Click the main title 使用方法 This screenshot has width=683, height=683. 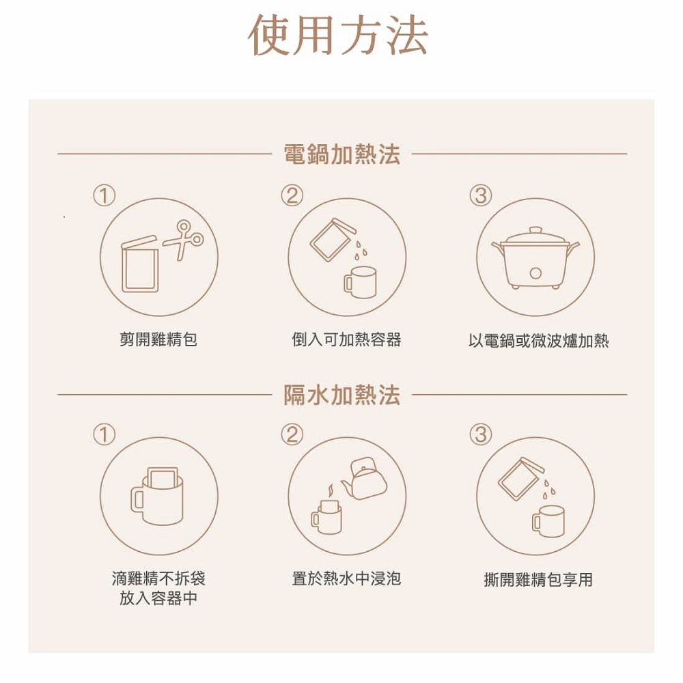point(338,35)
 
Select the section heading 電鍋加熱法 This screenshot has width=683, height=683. point(341,154)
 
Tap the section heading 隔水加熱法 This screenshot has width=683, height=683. point(341,395)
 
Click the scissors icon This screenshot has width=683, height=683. point(183,239)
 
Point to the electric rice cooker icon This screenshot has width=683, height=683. point(535,257)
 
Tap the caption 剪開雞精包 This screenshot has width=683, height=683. point(158,339)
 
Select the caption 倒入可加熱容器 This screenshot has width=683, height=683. point(346,339)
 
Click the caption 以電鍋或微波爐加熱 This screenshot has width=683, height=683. point(538,341)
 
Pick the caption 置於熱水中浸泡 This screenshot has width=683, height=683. point(346,579)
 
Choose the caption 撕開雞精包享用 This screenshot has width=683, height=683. point(538,580)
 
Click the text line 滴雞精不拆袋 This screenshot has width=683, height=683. point(158,579)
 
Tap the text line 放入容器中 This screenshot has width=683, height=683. point(158,598)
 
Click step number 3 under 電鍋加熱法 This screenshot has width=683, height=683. point(480,195)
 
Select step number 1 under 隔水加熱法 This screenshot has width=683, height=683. point(104,434)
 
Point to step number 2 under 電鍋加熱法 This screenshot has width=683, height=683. point(292,195)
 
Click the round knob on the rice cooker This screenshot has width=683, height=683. point(535,274)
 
